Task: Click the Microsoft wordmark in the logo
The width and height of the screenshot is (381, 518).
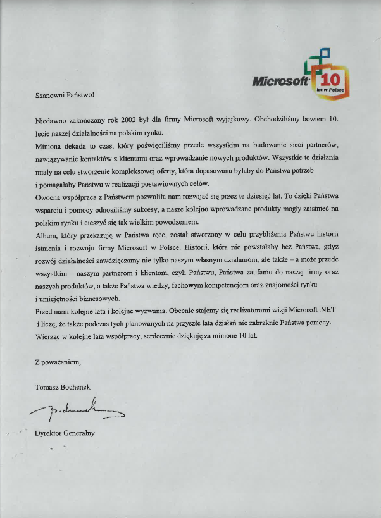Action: coord(279,81)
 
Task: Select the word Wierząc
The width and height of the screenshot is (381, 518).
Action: coord(47,335)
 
